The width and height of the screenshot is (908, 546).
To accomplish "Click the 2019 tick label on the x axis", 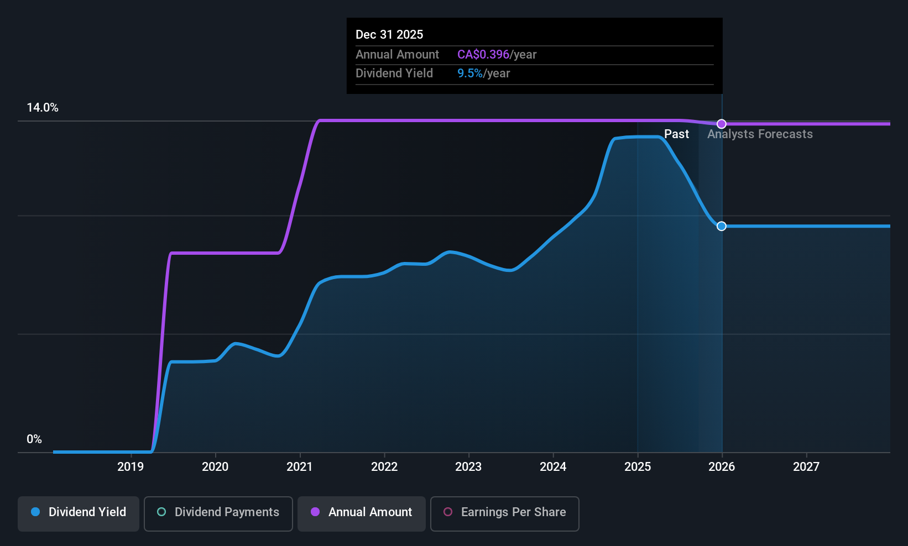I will click(131, 467).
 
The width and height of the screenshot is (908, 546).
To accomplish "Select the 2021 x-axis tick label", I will click(299, 467).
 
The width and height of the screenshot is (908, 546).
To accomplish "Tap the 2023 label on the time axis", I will click(468, 467).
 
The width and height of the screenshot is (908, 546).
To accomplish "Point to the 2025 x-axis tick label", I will click(638, 467).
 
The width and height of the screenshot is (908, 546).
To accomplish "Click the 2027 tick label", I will click(806, 467).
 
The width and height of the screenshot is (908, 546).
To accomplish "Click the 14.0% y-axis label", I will click(43, 108).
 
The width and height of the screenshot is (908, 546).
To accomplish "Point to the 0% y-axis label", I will click(34, 439).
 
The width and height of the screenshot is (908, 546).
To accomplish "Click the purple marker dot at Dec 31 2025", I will click(722, 124).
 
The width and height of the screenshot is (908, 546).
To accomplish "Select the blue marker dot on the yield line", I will click(722, 226).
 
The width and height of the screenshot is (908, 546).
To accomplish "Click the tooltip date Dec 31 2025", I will click(389, 35).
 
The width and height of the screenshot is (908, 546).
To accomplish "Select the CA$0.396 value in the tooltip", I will click(483, 55).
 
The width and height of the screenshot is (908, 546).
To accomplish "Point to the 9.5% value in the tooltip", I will click(469, 73).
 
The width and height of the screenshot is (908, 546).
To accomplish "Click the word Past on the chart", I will click(676, 134).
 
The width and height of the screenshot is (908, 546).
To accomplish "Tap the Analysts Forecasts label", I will click(760, 134).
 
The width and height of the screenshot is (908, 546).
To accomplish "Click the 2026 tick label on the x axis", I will click(722, 467).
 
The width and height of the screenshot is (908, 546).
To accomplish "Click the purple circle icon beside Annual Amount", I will click(315, 512).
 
